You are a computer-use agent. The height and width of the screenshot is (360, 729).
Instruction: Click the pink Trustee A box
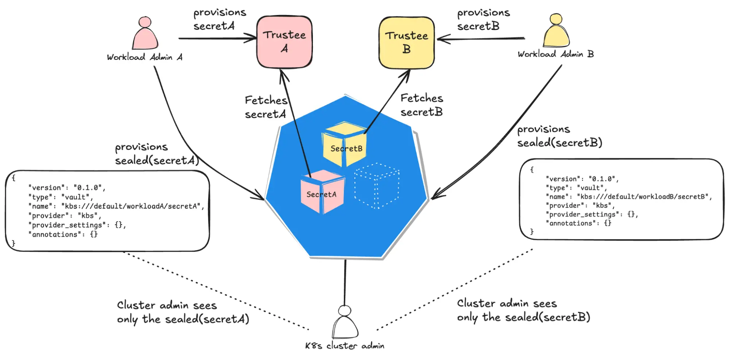tap(284, 42)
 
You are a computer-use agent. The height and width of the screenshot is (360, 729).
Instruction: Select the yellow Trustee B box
tap(407, 42)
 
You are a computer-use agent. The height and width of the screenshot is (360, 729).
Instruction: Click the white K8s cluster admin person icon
tap(345, 322)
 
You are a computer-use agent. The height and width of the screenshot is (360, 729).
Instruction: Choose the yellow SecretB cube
tap(345, 144)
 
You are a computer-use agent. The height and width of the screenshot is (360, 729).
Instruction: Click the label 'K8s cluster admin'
tap(345, 346)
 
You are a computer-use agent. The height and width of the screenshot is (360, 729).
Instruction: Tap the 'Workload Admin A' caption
tap(144, 57)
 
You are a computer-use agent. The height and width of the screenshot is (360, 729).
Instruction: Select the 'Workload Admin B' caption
tap(555, 54)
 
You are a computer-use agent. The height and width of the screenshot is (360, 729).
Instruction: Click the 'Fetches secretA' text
tap(266, 107)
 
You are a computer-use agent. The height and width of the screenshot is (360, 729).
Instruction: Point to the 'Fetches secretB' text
tap(422, 105)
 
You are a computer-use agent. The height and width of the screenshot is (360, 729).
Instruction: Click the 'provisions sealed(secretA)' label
tap(157, 154)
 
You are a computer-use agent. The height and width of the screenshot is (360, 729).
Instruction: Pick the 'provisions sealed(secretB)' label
tap(559, 136)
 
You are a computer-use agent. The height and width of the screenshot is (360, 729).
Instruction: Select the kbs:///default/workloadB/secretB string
tap(644, 197)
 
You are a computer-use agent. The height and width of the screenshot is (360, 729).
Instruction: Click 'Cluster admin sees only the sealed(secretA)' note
tap(183, 312)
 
